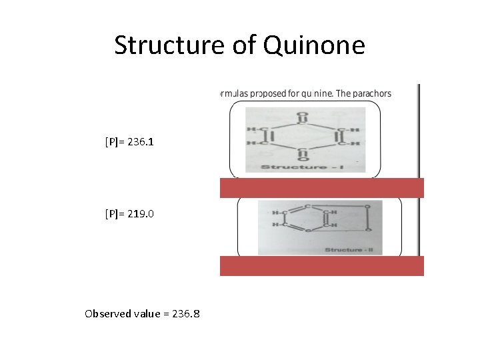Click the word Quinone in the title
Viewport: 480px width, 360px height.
pos(315,45)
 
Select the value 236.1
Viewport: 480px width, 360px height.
pos(145,142)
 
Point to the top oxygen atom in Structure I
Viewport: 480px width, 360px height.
pos(303,114)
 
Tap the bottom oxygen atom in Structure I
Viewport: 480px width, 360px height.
pos(303,159)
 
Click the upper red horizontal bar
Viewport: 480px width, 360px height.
pos(322,188)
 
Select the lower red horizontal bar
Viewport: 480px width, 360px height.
pos(322,266)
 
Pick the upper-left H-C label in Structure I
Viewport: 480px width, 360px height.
pos(255,129)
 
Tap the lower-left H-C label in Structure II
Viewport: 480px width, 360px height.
pos(280,226)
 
